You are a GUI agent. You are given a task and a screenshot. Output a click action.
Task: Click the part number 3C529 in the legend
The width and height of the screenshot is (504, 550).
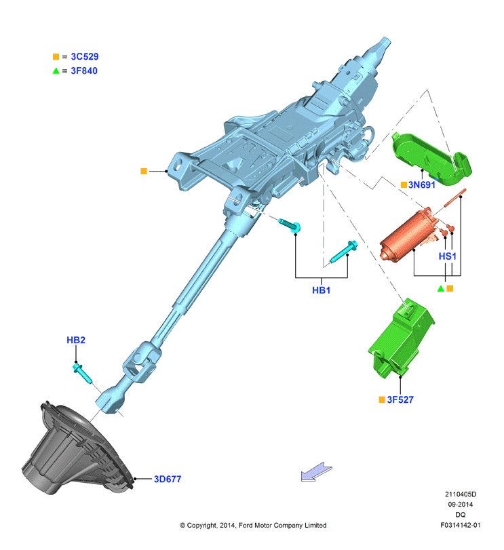click(x=85, y=56)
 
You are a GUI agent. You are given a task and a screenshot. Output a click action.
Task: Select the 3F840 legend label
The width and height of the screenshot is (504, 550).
click(x=84, y=71)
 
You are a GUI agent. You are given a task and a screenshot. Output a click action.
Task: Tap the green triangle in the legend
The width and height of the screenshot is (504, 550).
click(x=56, y=71)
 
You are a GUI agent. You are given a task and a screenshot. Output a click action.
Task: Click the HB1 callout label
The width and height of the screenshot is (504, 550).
click(x=322, y=290)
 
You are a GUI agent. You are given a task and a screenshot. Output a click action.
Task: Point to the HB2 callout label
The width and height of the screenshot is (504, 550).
click(x=76, y=340)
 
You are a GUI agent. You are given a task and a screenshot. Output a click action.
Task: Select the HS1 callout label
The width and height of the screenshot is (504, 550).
click(x=448, y=256)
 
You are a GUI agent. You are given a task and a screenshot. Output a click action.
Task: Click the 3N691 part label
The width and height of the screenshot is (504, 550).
click(x=421, y=184)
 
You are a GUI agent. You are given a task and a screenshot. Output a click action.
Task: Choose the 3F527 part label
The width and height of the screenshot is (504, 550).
click(x=400, y=399)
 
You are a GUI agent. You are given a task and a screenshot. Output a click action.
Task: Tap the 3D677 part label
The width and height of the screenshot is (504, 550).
click(x=168, y=479)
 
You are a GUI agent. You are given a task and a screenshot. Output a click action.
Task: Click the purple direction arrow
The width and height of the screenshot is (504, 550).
click(x=316, y=472)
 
